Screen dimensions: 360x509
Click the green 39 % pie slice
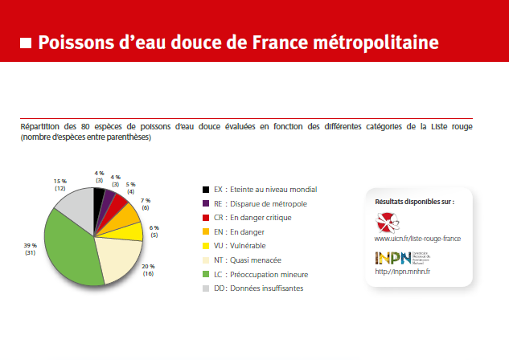click(68, 245)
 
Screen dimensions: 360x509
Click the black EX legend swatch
click(207, 190)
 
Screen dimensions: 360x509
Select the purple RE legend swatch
click(207, 203)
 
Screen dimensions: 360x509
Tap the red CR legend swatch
click(207, 218)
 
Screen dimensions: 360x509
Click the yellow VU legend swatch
click(207, 246)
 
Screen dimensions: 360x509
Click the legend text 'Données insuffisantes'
click(266, 288)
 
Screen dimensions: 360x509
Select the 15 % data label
click(60, 184)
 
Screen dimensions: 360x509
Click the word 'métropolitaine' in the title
click(373, 41)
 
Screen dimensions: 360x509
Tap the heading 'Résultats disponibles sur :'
click(415, 201)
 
